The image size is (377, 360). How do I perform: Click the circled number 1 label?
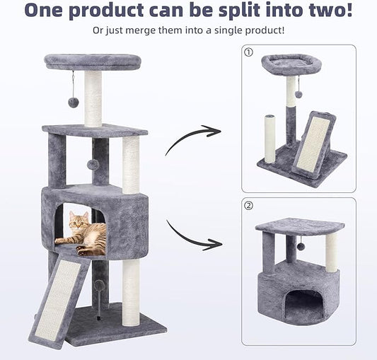pos(248,52)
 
